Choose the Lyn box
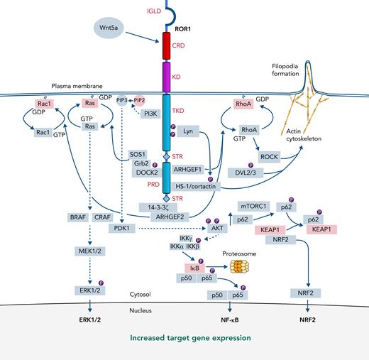[x=188, y=131]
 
